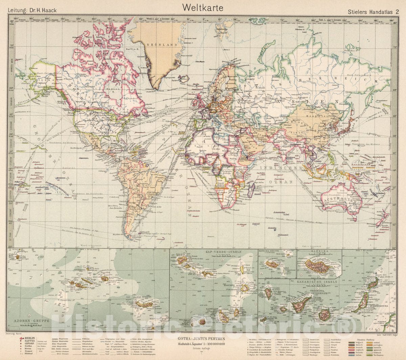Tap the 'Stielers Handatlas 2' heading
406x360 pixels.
tap(373, 11)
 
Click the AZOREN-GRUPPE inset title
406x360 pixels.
tap(31, 320)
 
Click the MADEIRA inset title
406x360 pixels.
tap(319, 252)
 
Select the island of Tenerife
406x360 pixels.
tap(301, 304)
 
